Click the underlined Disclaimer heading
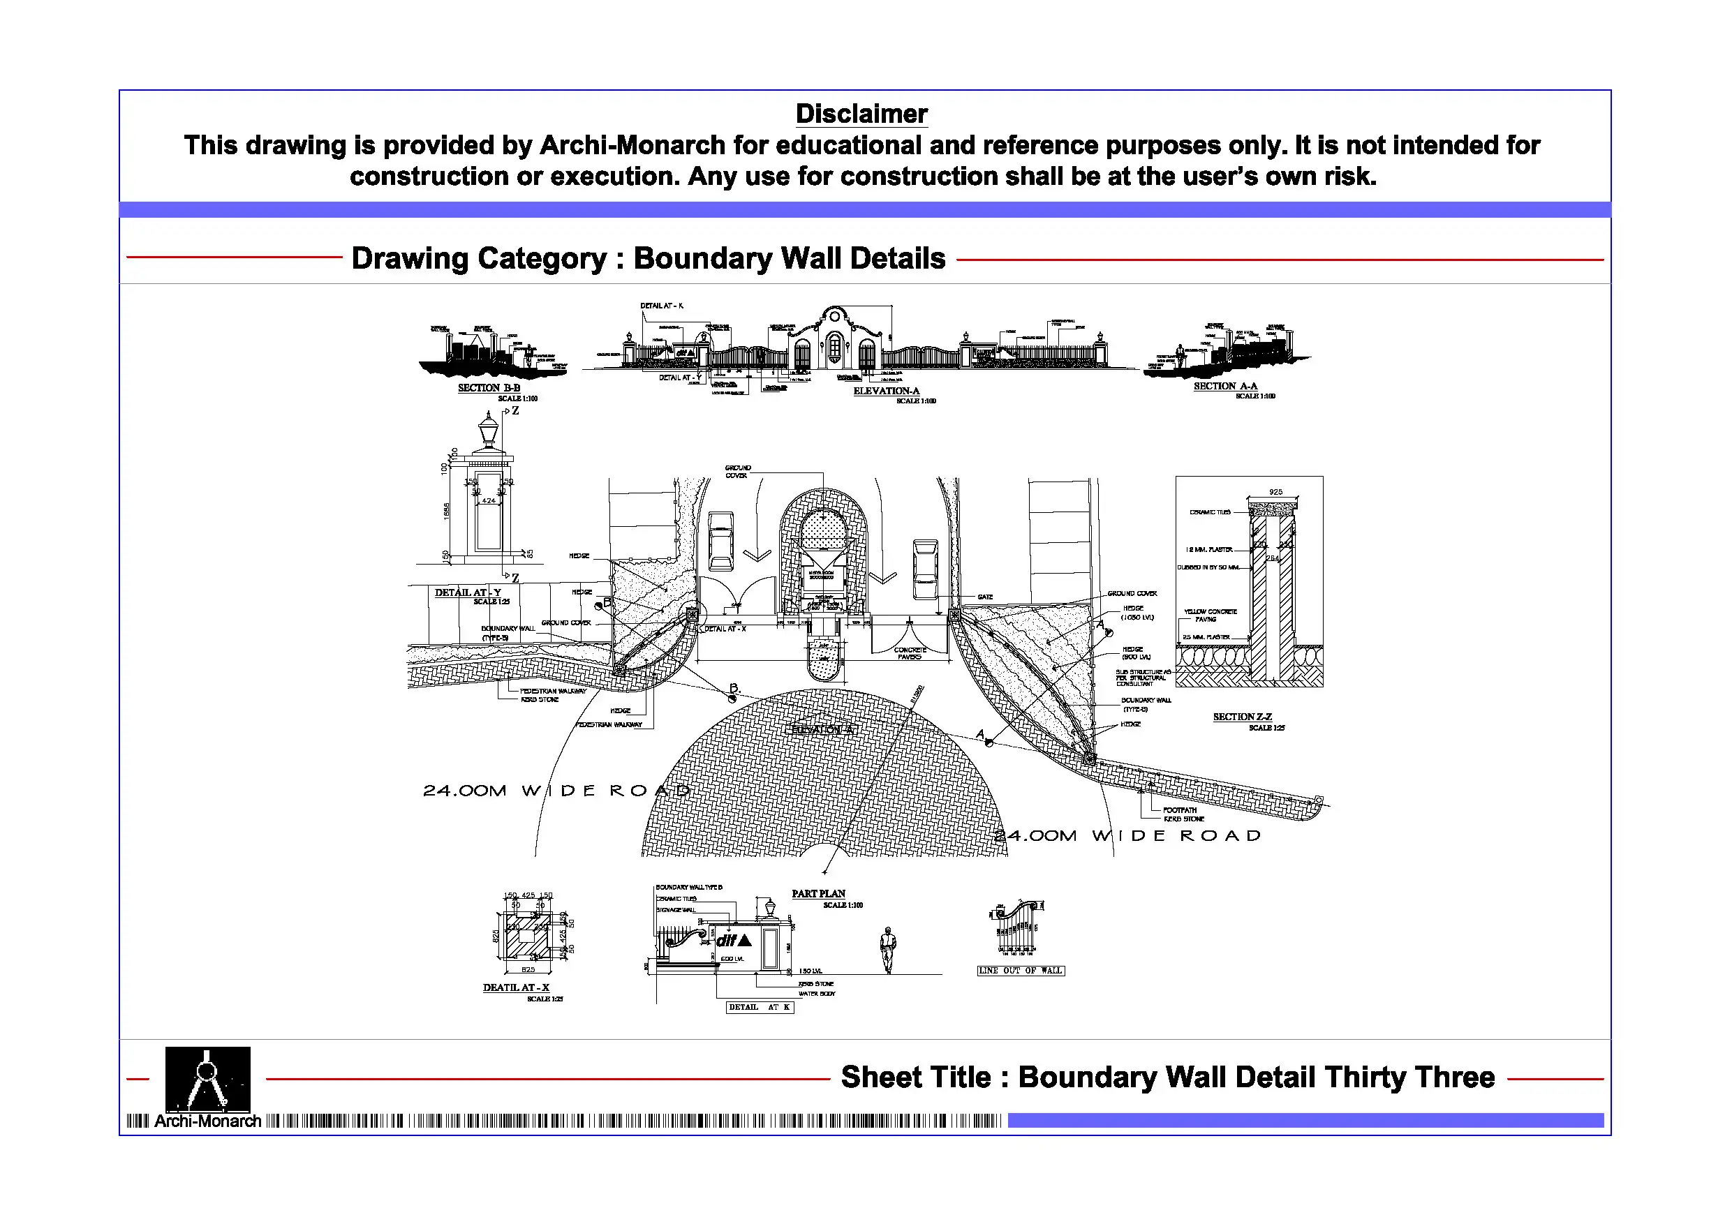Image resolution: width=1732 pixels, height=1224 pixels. point(861,114)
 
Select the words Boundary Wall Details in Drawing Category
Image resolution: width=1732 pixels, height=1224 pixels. point(789,259)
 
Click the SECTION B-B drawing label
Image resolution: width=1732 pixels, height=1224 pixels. point(489,387)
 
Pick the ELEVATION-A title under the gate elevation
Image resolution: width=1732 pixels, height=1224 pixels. point(887,391)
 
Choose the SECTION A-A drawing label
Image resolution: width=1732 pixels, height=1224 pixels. point(1225,386)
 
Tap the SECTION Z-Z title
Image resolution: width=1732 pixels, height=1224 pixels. point(1242,717)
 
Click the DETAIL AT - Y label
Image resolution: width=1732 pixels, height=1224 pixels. point(468,592)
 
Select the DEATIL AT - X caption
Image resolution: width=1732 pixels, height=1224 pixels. point(516,987)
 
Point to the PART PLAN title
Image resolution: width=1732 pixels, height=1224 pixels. point(818,894)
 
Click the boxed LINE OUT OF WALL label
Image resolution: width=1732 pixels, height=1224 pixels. point(1021,971)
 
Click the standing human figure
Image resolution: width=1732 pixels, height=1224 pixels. point(888,950)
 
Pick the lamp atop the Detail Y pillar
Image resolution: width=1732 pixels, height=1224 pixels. point(488,432)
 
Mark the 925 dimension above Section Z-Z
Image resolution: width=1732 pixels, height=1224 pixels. point(1275,492)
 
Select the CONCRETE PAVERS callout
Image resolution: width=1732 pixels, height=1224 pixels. point(910,653)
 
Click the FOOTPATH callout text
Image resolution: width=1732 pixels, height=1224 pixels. point(1180,810)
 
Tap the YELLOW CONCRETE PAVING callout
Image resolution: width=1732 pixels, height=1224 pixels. point(1210,615)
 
